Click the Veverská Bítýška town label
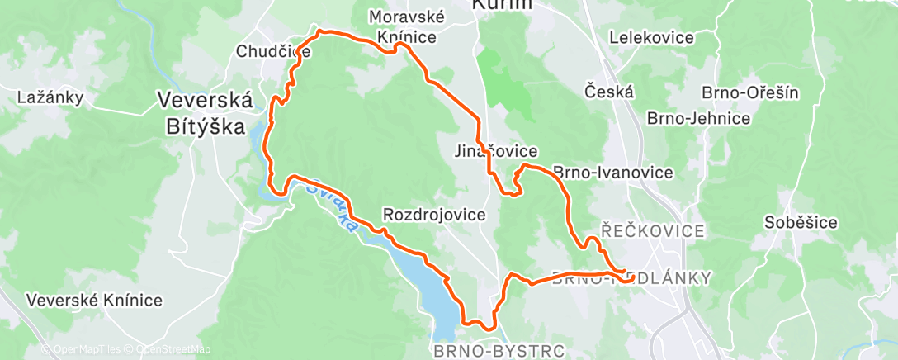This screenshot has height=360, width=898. pos(205,113)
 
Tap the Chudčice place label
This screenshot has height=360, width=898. pos(272,51)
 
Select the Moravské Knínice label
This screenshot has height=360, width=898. pos(407,27)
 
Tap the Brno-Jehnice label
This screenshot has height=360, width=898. pos(698,118)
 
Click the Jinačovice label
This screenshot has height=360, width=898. pos(496,152)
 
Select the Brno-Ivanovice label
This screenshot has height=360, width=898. pos(613,173)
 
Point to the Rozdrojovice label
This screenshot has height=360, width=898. pos(434,215)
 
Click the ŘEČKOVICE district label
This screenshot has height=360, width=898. pos(652,230)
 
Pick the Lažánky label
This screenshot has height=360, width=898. pos(50,97)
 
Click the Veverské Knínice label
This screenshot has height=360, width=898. pos(94,301)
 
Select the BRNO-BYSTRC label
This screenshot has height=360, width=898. pos(499,351)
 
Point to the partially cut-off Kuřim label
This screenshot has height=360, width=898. pos(502,5)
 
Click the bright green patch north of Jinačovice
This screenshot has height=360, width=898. pos(505,83)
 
